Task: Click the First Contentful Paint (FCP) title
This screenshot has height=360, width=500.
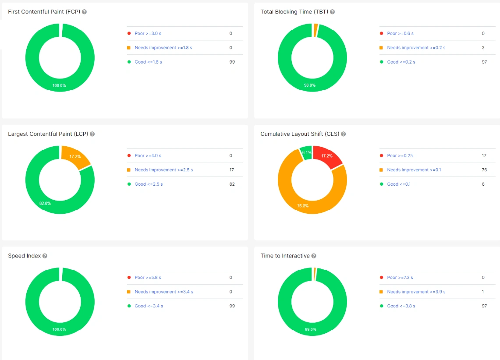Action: click(x=44, y=12)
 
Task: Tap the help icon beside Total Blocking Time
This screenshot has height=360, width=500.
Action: click(x=332, y=12)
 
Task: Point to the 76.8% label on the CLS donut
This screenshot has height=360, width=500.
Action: click(x=303, y=205)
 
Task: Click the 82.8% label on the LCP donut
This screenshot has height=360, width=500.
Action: click(x=45, y=203)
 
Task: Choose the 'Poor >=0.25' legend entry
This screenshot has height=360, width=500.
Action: click(x=400, y=155)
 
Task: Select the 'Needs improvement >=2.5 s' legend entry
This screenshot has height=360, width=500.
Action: click(x=163, y=170)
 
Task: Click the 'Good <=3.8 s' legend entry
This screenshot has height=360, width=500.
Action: click(x=401, y=306)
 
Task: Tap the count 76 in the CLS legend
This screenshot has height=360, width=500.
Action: click(x=484, y=170)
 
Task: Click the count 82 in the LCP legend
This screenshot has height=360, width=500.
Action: click(x=232, y=184)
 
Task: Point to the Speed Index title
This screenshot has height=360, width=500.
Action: click(x=24, y=256)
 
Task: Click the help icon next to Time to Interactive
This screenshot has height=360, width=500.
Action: click(x=314, y=256)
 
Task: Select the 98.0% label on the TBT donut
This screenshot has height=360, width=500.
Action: click(x=309, y=85)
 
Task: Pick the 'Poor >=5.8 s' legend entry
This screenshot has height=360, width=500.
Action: click(x=148, y=278)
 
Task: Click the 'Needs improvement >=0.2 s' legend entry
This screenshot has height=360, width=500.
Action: click(x=416, y=48)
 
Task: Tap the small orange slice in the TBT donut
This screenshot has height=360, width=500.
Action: click(x=316, y=30)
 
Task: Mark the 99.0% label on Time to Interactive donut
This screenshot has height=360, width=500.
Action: click(x=310, y=329)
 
